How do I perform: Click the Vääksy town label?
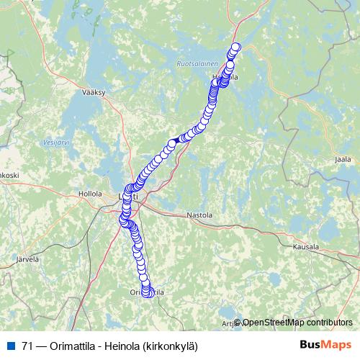[94, 93]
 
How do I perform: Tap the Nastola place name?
[199, 215]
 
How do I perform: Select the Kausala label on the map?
[305, 246]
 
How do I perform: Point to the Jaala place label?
[343, 160]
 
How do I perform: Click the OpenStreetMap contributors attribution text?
[297, 322]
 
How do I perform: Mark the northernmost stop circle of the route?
[235, 48]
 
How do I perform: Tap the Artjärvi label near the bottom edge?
[226, 324]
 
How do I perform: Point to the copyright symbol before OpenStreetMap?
[238, 322]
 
